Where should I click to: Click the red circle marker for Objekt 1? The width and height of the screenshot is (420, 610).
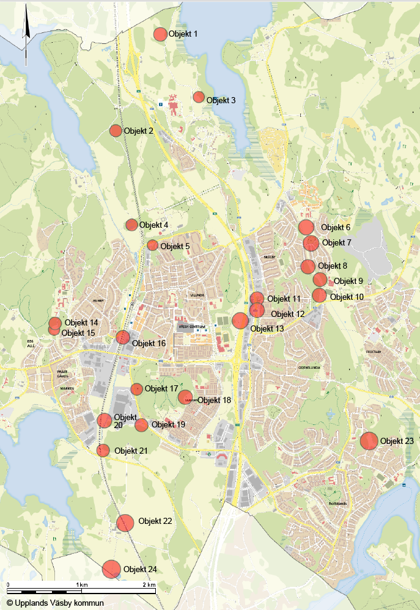[160, 34]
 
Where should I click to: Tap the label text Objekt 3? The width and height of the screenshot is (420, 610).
[221, 101]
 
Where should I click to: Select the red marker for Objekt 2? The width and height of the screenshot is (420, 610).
[116, 131]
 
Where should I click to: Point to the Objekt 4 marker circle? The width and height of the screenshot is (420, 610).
[131, 225]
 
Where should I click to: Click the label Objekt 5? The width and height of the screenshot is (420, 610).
[175, 247]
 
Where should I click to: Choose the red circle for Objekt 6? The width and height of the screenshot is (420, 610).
[306, 228]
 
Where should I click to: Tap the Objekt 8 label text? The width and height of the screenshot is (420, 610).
[332, 266]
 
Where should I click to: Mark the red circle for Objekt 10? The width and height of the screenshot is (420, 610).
[319, 296]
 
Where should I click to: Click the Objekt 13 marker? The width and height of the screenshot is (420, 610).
[240, 321]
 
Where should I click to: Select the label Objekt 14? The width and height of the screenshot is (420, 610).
[81, 322]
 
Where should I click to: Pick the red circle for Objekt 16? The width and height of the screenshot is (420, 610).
[123, 337]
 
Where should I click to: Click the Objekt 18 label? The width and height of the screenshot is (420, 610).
[214, 400]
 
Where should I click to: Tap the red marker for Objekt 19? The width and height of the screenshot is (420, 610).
[141, 425]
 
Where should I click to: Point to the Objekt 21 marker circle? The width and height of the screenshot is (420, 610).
[103, 451]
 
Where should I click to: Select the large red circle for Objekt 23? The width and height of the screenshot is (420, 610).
[369, 441]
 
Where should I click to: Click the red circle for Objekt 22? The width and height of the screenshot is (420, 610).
[125, 523]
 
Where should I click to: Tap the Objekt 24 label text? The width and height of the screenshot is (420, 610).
[140, 569]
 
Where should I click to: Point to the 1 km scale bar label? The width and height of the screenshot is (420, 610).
[82, 585]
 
